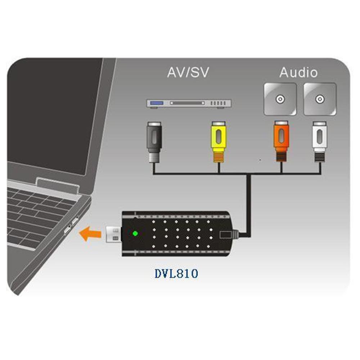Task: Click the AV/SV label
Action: click(x=188, y=72)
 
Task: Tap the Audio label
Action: click(x=298, y=72)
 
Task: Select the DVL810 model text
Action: click(x=176, y=274)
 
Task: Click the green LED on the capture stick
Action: click(x=135, y=233)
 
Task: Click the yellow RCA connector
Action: click(x=218, y=137)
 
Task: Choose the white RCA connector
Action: click(x=319, y=137)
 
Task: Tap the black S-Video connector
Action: click(x=153, y=137)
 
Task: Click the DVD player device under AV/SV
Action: click(x=189, y=104)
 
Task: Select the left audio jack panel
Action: click(x=280, y=99)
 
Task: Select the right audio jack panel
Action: click(x=320, y=99)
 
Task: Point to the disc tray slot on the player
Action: click(x=187, y=103)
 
